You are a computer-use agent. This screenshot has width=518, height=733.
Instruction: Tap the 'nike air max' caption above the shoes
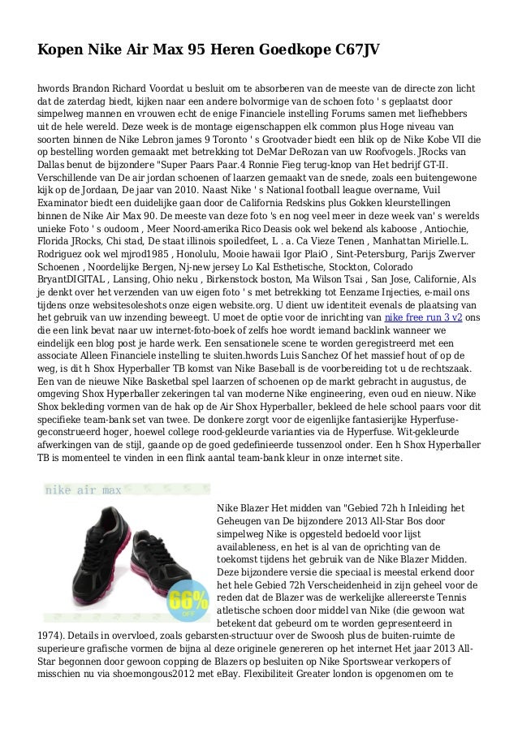(x=84, y=492)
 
